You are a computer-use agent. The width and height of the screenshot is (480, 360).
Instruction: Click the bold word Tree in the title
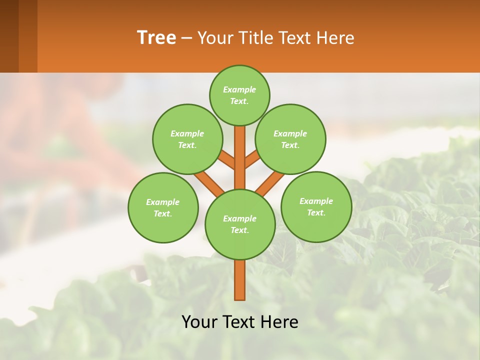tap(156, 38)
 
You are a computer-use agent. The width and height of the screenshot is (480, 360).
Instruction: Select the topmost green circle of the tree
tap(239, 95)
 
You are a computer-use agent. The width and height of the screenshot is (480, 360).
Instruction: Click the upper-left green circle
tap(187, 139)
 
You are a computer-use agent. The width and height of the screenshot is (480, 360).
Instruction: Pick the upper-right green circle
tap(290, 139)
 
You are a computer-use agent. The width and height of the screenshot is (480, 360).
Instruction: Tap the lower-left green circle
tap(163, 207)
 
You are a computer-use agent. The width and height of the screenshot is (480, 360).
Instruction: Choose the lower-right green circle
tap(316, 206)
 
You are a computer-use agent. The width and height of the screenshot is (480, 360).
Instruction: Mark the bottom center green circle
tap(240, 224)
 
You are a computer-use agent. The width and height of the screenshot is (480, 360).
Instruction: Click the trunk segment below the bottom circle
tap(240, 280)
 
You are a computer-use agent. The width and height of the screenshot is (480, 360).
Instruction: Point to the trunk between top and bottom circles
tap(240, 157)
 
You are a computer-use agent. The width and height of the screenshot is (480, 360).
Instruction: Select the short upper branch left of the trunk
tap(227, 160)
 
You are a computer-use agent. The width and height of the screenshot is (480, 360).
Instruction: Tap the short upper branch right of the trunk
tap(252, 159)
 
